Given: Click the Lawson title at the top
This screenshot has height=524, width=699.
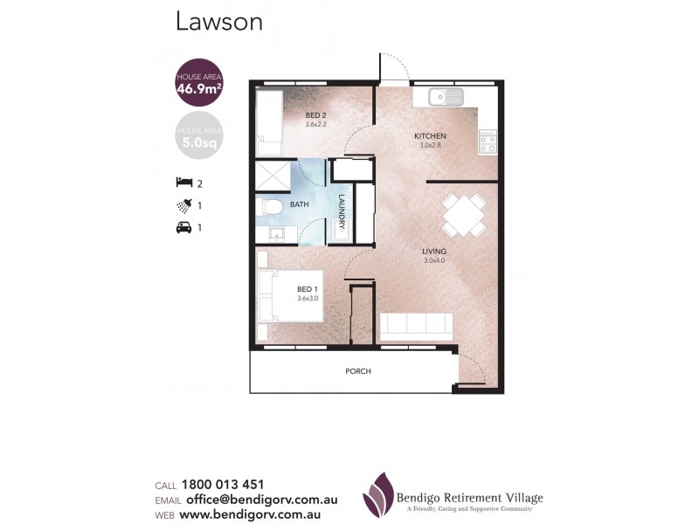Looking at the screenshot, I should tap(219, 22).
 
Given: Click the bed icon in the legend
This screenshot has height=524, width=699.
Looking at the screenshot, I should tap(183, 183).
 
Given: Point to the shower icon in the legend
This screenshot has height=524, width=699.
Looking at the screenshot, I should tap(183, 206).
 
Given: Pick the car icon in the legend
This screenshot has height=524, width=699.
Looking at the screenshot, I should tap(183, 229).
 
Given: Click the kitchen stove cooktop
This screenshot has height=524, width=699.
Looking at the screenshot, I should tap(487, 141).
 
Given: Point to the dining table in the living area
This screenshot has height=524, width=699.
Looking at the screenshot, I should tap(464, 216).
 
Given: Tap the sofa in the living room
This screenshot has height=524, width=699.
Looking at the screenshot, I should tap(415, 327).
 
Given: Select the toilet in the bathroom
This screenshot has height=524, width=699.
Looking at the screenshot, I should tap(273, 209).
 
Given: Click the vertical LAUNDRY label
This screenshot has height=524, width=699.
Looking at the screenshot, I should tap(343, 210).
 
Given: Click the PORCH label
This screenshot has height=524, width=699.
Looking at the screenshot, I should tap(358, 371).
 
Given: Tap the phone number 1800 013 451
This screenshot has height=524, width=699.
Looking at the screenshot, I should tap(223, 485).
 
